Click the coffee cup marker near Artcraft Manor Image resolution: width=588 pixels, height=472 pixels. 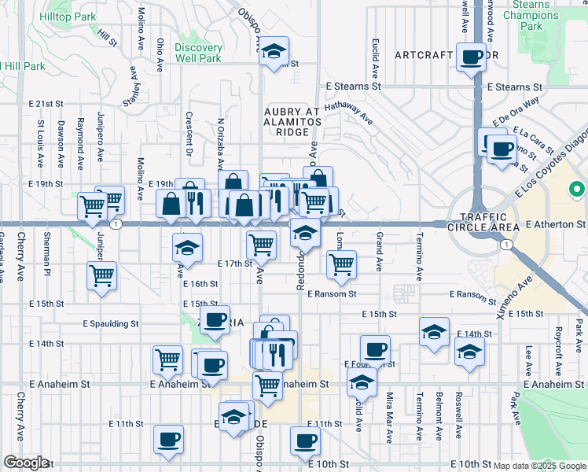tap(472, 57)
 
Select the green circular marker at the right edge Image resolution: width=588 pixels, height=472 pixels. tap(577, 190)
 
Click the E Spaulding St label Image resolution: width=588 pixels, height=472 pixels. tap(111, 323)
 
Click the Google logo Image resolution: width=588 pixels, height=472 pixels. tap(26, 463)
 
